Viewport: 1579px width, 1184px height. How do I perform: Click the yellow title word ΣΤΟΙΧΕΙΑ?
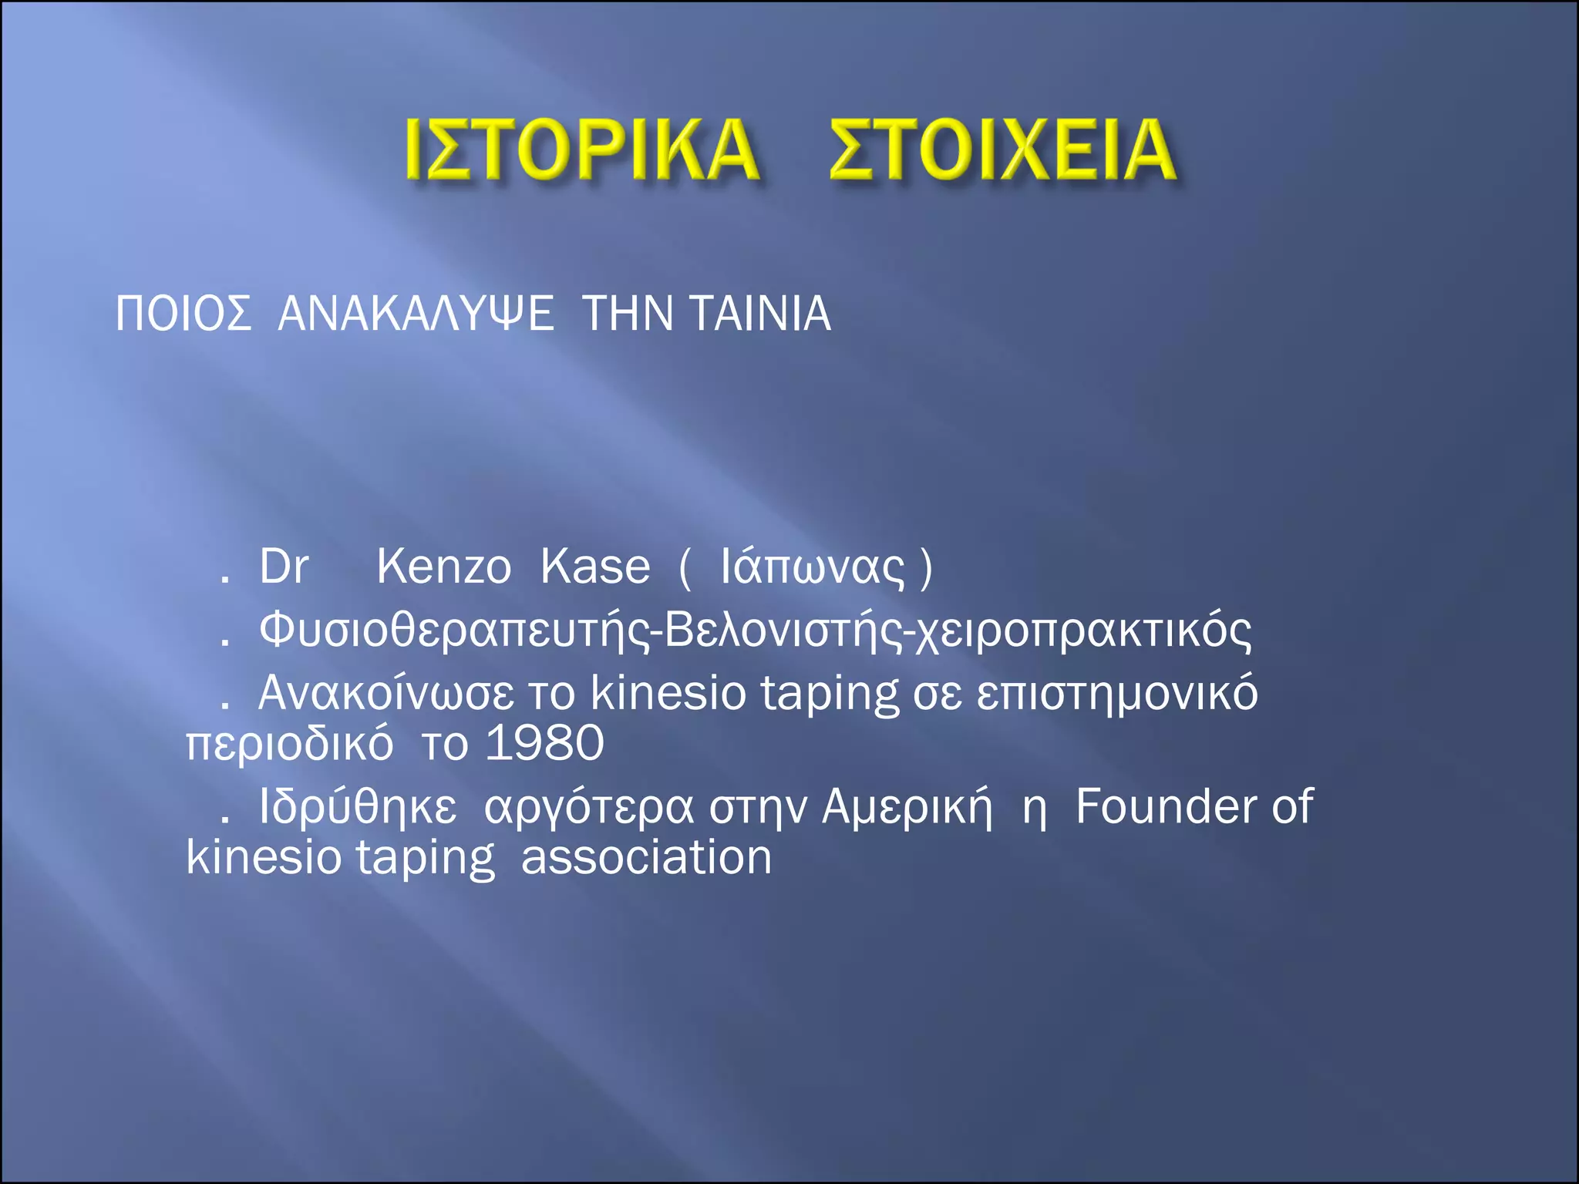click(x=1002, y=150)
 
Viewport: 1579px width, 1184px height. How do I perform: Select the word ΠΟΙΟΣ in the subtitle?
click(x=183, y=314)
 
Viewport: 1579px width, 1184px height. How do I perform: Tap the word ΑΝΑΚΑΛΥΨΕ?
click(x=416, y=314)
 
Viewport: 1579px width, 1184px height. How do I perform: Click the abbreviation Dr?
click(x=284, y=567)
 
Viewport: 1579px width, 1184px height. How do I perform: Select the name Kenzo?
click(x=443, y=567)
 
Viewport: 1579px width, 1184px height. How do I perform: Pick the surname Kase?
click(x=595, y=567)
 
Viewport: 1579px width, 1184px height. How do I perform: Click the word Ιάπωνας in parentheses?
click(x=812, y=569)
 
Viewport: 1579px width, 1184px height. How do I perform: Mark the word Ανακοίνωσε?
click(x=385, y=693)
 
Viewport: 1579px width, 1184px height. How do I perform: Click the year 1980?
click(x=544, y=744)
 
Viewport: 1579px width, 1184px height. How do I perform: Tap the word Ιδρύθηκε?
click(x=358, y=808)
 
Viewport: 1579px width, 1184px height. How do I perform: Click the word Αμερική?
click(x=907, y=808)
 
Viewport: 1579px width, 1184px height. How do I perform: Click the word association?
click(x=646, y=857)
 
